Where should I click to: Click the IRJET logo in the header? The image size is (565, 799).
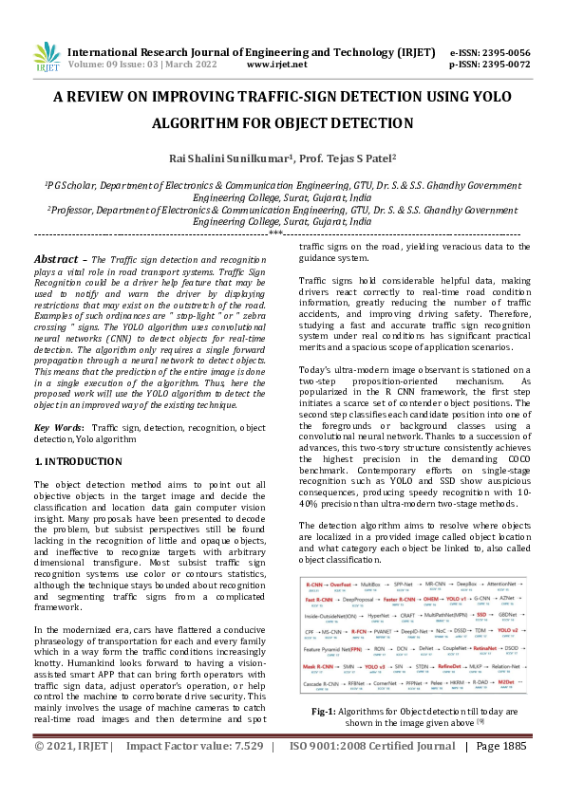[46, 59]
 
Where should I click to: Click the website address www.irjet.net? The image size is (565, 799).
[276, 65]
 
